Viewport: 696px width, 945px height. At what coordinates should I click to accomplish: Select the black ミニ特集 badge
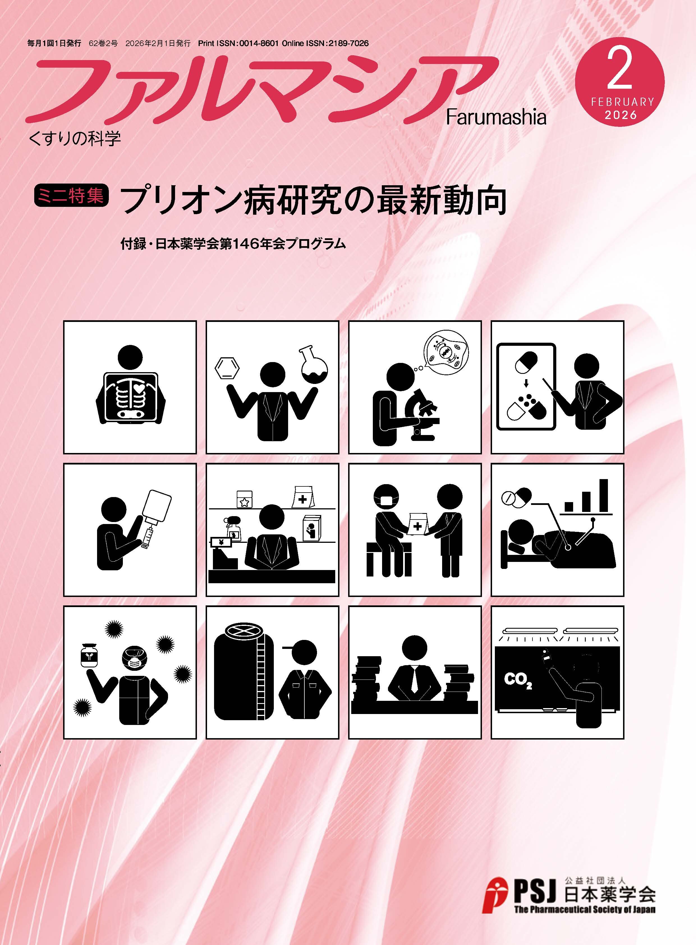(71, 196)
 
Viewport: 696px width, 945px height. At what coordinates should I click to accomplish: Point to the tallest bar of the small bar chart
(604, 495)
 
